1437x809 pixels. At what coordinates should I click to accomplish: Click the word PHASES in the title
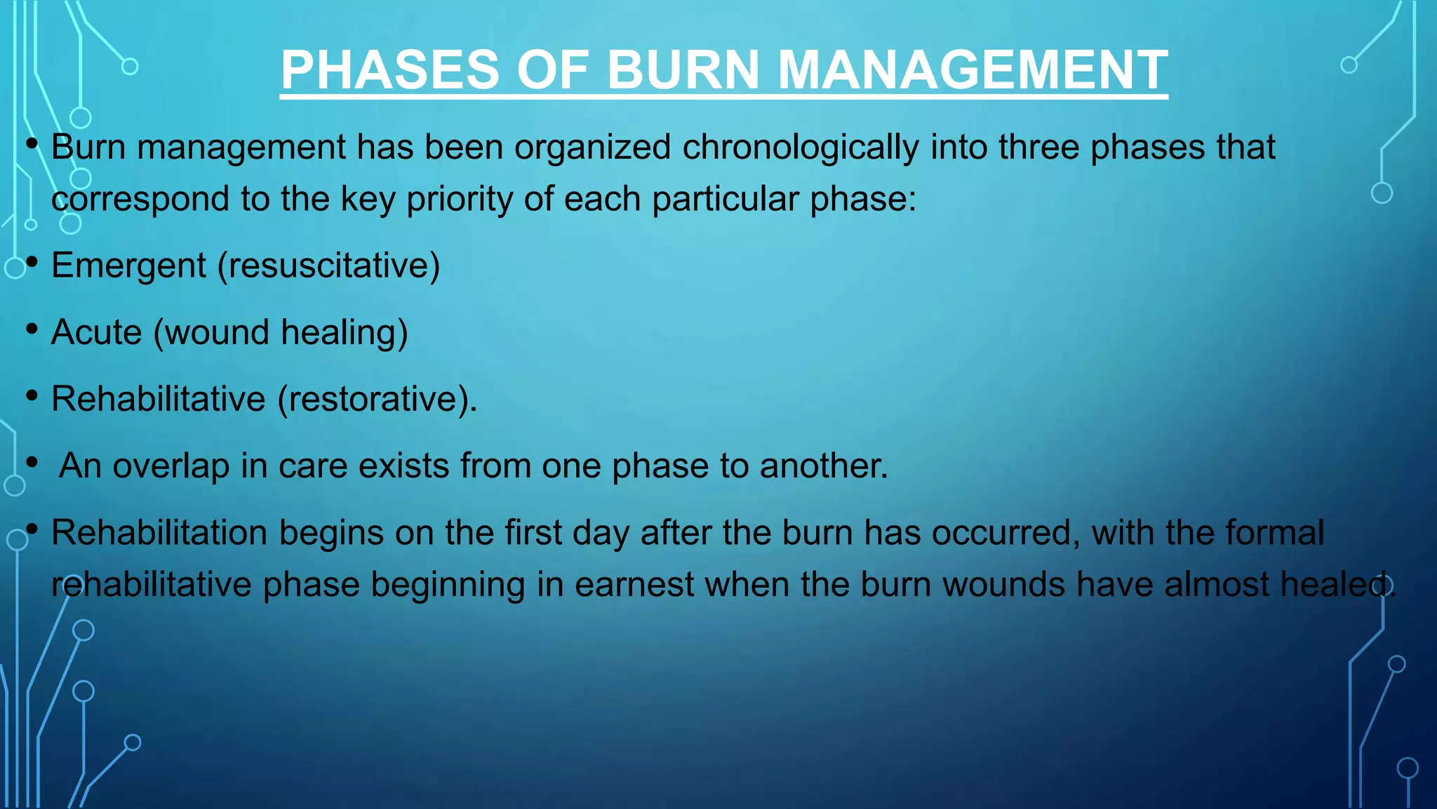pyautogui.click(x=390, y=70)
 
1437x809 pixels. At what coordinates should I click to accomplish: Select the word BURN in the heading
pyautogui.click(x=683, y=70)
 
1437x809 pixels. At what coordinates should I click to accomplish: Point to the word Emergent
pyautogui.click(x=128, y=266)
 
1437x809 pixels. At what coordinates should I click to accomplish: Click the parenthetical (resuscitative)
pyautogui.click(x=328, y=266)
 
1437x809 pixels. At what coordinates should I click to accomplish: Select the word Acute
pyautogui.click(x=96, y=332)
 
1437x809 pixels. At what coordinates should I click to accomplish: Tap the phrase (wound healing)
pyautogui.click(x=280, y=332)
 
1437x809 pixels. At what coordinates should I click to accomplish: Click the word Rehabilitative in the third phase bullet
pyautogui.click(x=158, y=399)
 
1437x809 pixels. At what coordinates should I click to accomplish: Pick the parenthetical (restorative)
pyautogui.click(x=377, y=399)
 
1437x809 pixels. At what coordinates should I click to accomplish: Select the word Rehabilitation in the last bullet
pyautogui.click(x=159, y=532)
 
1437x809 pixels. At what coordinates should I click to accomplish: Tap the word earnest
pyautogui.click(x=634, y=584)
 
